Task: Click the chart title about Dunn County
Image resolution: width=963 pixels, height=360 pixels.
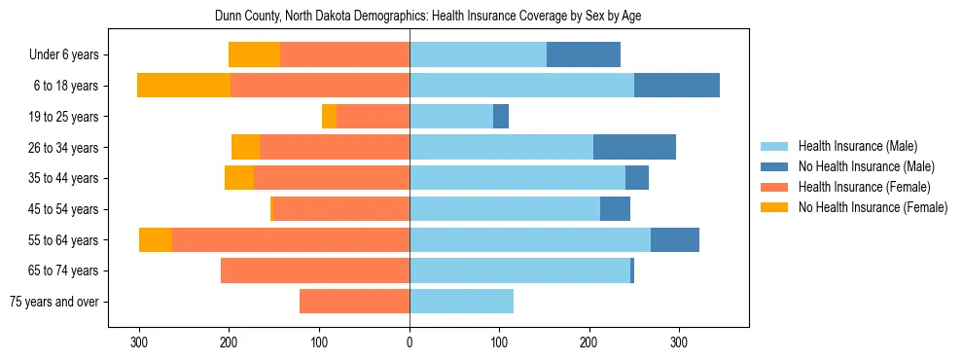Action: [427, 17]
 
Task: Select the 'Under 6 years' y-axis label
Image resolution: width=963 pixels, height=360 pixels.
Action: [69, 54]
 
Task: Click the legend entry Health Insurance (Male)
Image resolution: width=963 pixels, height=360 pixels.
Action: [857, 146]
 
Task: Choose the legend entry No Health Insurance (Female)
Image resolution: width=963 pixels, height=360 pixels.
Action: [873, 207]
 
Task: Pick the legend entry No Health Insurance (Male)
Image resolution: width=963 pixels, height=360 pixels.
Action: [866, 166]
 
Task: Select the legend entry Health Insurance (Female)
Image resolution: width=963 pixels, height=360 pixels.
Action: [864, 187]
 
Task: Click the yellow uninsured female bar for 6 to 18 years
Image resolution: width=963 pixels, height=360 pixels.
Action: [184, 86]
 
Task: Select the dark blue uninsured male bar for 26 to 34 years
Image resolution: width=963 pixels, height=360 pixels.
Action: [634, 147]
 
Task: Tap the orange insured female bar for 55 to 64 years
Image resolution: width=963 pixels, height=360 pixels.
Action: [291, 239]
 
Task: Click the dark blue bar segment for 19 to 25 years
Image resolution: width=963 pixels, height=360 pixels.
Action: [501, 117]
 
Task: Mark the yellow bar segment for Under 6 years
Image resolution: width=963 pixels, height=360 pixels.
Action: [254, 54]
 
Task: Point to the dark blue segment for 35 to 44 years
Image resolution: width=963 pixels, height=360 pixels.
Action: [637, 178]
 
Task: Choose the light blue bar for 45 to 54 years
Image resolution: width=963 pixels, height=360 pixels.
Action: [505, 209]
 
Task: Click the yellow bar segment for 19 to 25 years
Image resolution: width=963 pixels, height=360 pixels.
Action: [329, 117]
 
